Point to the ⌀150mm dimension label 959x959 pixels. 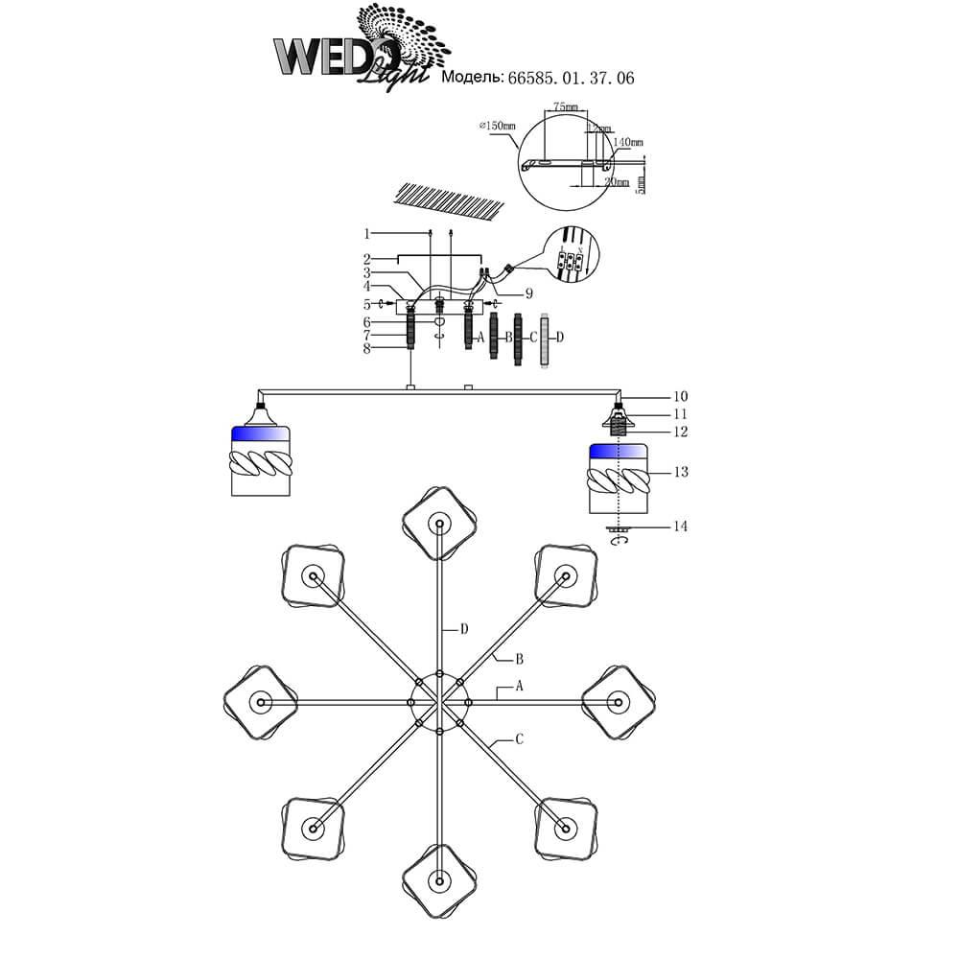point(496,125)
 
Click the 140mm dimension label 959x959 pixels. point(628,142)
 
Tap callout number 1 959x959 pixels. point(366,233)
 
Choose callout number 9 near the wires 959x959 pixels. point(528,293)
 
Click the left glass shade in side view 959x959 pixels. point(260,460)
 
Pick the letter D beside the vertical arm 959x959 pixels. point(464,629)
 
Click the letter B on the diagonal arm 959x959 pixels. point(519,659)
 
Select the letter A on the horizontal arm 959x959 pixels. point(519,688)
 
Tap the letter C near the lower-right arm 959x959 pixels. point(519,739)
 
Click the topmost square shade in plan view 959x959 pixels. point(438,523)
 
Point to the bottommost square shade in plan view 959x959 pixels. point(438,879)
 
